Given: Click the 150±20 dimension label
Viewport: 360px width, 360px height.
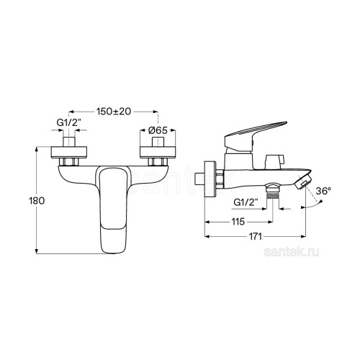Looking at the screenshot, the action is coord(114,112).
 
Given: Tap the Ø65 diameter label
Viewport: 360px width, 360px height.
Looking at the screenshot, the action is coord(158,130).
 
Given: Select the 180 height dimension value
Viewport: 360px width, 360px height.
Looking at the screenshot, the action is coord(37,201).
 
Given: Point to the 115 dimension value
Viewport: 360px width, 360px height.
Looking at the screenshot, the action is coord(238,222).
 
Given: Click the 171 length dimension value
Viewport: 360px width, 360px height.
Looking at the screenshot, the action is coord(255,236).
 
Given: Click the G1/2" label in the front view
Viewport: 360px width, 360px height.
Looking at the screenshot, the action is coord(68,122).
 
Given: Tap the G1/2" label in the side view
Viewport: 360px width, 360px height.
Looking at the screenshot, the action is coord(246,202).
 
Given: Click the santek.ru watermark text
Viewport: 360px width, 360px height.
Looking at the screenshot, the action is coord(292,252).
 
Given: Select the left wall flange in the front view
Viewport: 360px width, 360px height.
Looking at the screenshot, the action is coord(69,152).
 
